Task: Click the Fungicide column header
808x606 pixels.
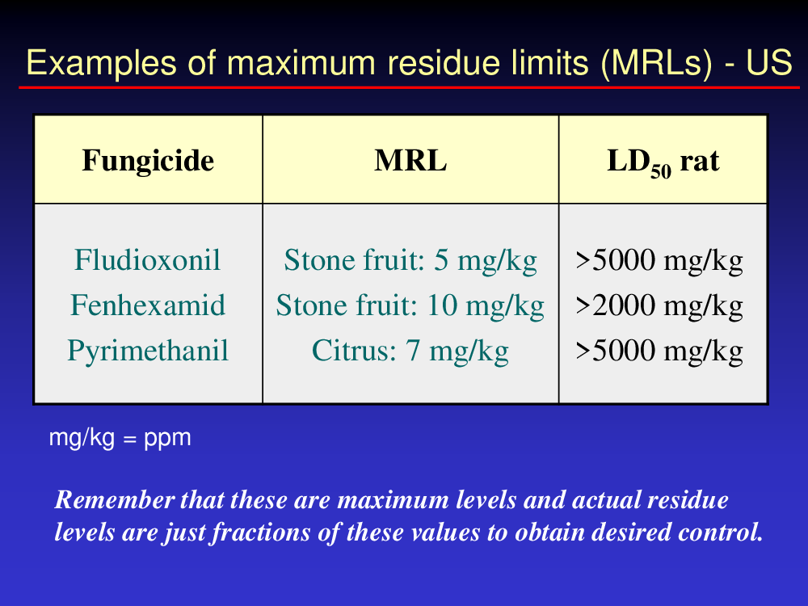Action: tap(148, 160)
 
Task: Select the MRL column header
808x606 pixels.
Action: tap(410, 160)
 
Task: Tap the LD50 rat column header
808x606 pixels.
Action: tap(663, 162)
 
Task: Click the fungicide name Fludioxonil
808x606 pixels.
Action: tap(147, 259)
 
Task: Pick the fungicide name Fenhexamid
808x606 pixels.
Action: tap(148, 305)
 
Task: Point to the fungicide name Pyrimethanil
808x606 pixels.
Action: tap(148, 351)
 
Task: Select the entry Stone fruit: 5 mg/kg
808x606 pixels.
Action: tap(410, 260)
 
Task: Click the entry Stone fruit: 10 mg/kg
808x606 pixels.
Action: tap(410, 305)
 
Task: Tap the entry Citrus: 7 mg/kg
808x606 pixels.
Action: tap(410, 351)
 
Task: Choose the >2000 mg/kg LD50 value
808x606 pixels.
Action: tap(659, 305)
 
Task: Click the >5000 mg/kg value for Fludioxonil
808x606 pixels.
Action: tap(659, 260)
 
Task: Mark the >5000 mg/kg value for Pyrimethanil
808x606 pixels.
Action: tap(659, 351)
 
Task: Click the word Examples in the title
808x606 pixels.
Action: tap(102, 64)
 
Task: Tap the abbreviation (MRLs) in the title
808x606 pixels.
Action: tap(656, 64)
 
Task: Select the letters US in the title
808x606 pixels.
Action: tap(769, 62)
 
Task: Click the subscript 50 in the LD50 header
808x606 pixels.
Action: tap(661, 171)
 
